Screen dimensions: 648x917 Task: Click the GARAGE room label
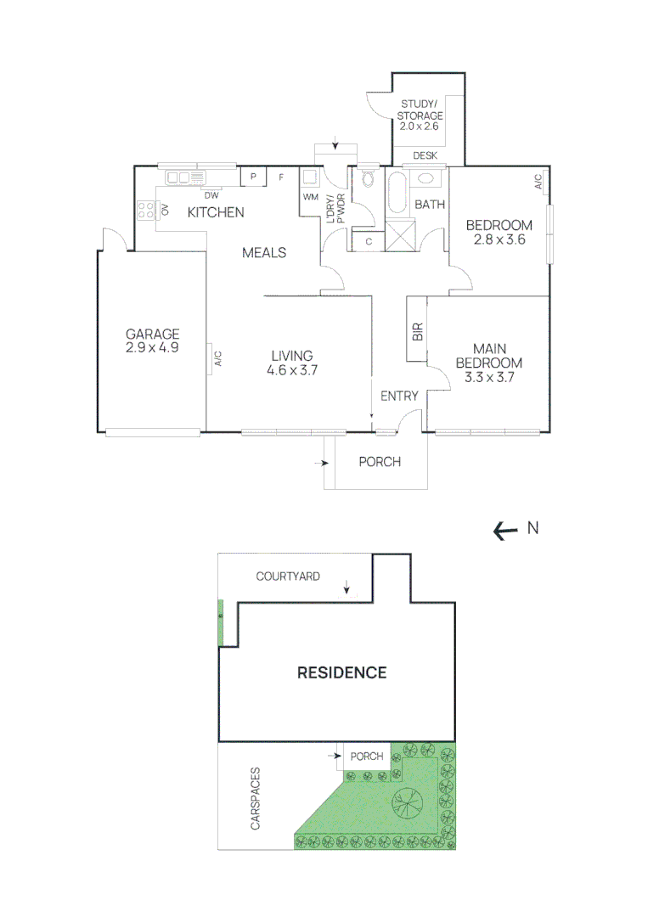[152, 334]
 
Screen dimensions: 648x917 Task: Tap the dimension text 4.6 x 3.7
[292, 370]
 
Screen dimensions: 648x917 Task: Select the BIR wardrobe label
[417, 332]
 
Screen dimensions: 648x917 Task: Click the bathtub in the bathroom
[397, 192]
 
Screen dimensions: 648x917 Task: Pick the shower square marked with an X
[400, 235]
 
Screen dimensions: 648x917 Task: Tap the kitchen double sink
[185, 177]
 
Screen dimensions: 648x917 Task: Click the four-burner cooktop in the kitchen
[145, 210]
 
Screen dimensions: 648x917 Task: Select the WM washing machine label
[311, 197]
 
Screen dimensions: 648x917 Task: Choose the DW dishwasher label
[211, 195]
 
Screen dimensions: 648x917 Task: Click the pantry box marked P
[253, 177]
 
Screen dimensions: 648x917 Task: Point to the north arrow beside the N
[506, 531]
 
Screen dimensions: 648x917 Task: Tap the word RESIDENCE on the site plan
[342, 672]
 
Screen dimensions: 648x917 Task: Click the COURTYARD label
[288, 577]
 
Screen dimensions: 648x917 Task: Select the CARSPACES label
[255, 798]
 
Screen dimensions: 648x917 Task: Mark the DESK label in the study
[425, 155]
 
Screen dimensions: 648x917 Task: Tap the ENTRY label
[399, 396]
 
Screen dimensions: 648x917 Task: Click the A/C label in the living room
[218, 358]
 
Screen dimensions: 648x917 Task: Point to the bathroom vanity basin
[425, 177]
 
